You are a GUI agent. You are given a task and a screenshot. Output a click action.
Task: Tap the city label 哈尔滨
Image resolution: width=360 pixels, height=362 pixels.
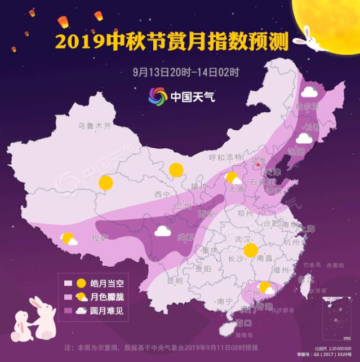click(x=308, y=107)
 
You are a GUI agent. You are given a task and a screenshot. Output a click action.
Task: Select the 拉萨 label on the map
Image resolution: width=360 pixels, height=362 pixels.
click(x=100, y=239)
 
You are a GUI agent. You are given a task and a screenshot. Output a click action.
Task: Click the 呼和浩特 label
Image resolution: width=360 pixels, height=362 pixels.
click(x=224, y=157)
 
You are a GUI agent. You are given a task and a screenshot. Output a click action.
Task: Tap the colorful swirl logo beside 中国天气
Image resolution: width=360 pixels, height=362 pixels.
click(x=158, y=96)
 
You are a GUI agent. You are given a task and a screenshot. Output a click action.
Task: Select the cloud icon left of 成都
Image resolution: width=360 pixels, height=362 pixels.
click(x=162, y=231)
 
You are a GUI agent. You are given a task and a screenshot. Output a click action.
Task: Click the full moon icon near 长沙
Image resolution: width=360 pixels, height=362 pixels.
click(x=249, y=250)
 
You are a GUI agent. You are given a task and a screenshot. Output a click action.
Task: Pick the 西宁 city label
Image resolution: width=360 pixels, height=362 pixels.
click(x=162, y=195)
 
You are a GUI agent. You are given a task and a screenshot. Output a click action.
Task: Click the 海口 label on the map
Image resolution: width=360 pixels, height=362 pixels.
click(x=243, y=323)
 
